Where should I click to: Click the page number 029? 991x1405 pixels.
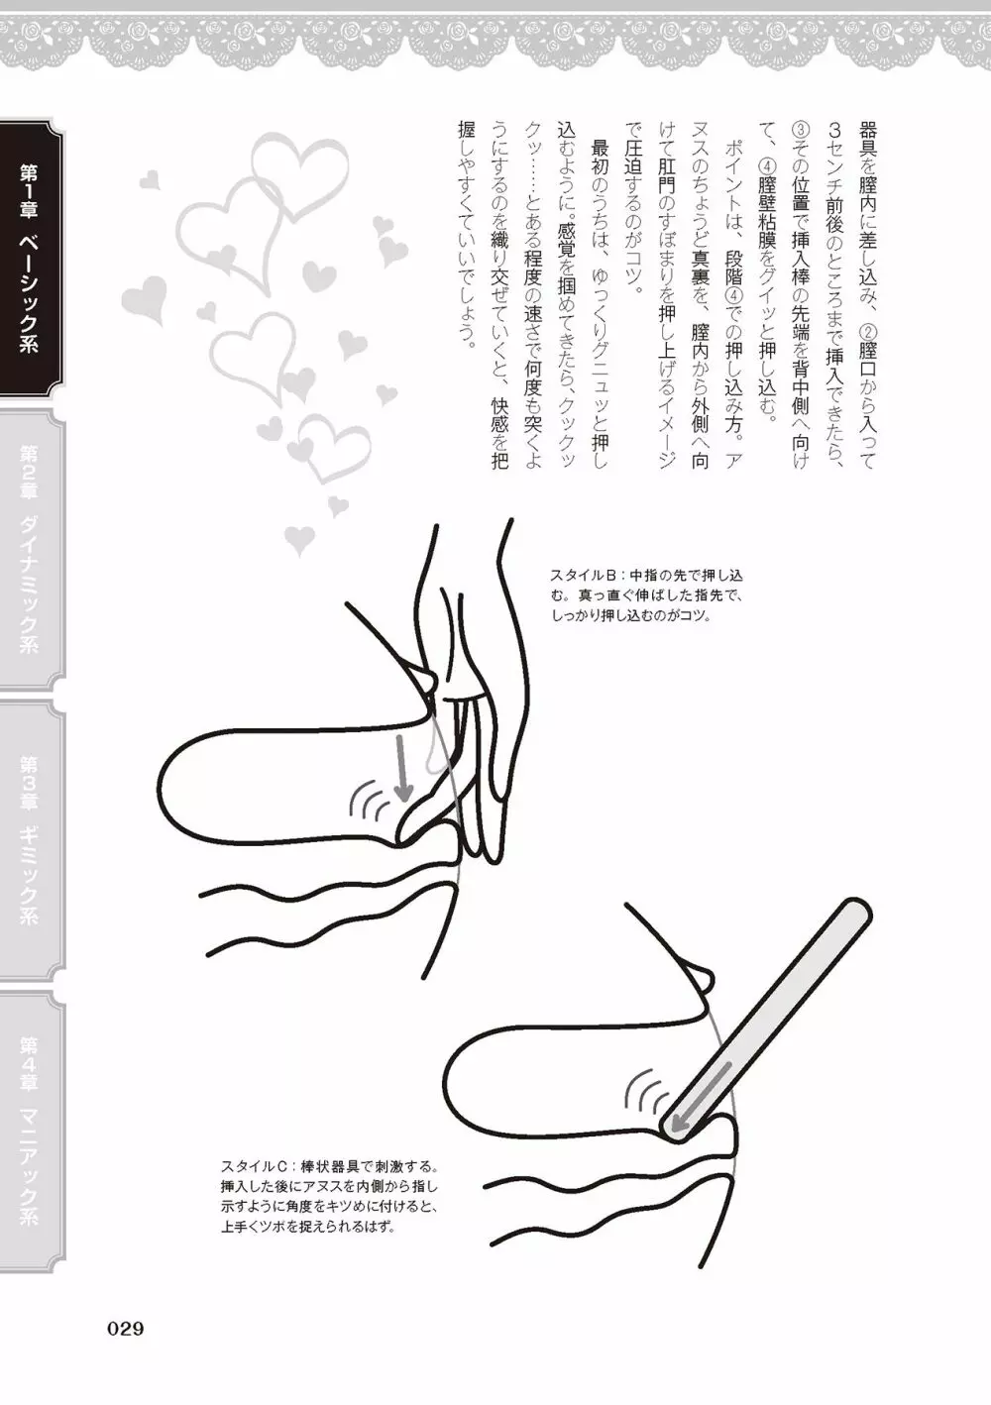[126, 1329]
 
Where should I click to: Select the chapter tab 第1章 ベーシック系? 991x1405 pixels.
[30, 258]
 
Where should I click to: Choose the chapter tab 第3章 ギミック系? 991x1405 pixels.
[30, 841]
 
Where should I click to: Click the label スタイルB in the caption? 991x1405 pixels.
[586, 575]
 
